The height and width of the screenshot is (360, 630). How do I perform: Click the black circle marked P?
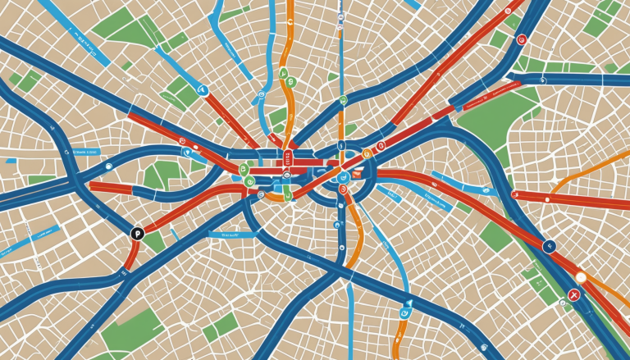click(137, 234)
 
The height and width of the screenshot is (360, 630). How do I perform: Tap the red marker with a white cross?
click(574, 295)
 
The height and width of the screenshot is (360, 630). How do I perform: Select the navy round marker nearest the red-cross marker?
click(550, 244)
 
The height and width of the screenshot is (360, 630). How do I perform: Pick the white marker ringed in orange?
click(581, 278)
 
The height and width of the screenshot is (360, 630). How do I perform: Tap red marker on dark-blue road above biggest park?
click(522, 39)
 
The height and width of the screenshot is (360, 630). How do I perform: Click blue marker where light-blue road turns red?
click(203, 90)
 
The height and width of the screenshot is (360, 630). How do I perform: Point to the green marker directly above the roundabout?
click(343, 100)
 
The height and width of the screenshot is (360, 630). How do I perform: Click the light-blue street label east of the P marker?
click(223, 235)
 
